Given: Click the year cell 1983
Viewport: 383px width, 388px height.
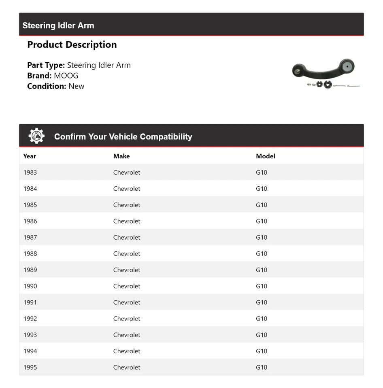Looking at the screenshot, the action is pyautogui.click(x=30, y=172).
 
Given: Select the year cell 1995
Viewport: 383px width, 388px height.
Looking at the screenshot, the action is pyautogui.click(x=30, y=367).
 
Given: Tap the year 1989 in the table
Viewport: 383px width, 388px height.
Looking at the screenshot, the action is pyautogui.click(x=30, y=270).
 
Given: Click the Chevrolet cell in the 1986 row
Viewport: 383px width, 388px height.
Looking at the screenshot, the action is pyautogui.click(x=127, y=221).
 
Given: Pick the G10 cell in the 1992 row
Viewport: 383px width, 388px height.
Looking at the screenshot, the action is pyautogui.click(x=262, y=318).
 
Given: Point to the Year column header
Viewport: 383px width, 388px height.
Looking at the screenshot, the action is pyautogui.click(x=30, y=156).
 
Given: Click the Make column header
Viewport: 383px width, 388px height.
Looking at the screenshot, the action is pyautogui.click(x=121, y=156).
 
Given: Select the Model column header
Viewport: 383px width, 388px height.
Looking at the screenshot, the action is pyautogui.click(x=266, y=156).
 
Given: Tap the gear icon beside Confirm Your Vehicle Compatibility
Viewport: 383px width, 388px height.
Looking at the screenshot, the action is pyautogui.click(x=36, y=136).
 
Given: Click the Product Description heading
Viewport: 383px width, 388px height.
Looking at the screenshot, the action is pyautogui.click(x=72, y=44).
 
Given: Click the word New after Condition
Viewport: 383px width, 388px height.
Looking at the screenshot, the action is pyautogui.click(x=77, y=86).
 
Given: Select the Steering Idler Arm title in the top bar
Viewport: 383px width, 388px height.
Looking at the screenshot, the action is pyautogui.click(x=58, y=25).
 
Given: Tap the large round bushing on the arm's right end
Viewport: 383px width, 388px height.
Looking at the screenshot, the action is pyautogui.click(x=347, y=66).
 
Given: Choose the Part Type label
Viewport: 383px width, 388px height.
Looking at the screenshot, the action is pyautogui.click(x=46, y=65).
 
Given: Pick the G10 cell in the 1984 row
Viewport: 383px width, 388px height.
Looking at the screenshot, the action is pyautogui.click(x=262, y=188).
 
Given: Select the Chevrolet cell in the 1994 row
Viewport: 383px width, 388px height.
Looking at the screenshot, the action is pyautogui.click(x=127, y=351).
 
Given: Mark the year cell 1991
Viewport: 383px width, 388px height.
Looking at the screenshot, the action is pyautogui.click(x=30, y=302).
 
